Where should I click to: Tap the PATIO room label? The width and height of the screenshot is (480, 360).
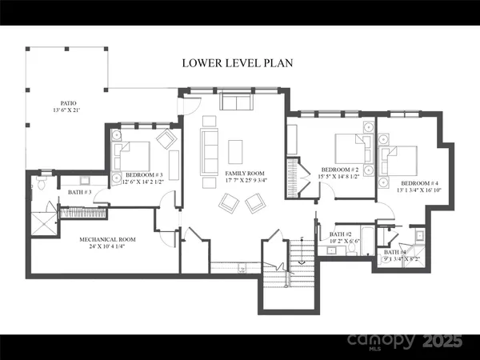(68, 102)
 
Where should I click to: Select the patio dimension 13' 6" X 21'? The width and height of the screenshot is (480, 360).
(68, 110)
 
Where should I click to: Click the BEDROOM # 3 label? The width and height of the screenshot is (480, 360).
(144, 175)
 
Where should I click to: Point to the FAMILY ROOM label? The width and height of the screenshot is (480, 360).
(245, 174)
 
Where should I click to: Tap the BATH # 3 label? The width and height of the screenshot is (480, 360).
(80, 192)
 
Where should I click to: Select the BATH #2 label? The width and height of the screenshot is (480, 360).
(330, 232)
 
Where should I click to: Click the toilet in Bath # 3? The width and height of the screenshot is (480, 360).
(40, 184)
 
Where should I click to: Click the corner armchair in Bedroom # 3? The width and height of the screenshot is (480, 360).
(167, 139)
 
